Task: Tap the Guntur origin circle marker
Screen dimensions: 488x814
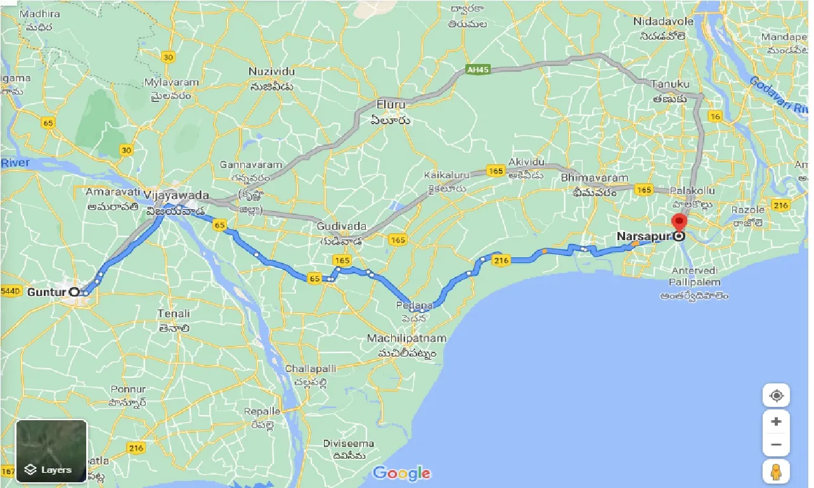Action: point(74,292)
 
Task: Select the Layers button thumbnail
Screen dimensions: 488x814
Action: point(51,451)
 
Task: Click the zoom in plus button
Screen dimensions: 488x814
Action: point(776,421)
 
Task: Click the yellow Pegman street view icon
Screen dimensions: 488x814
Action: point(776,471)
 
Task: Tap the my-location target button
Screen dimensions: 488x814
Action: point(776,396)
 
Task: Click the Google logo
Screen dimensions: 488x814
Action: point(401,473)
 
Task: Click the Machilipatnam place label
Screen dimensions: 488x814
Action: point(406,338)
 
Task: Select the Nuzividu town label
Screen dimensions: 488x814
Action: point(271,70)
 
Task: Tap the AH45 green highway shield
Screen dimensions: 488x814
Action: point(477,70)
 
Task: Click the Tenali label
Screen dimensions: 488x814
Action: point(174,313)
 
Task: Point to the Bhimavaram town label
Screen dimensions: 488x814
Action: point(594,178)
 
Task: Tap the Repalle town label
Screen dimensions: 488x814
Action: point(262,411)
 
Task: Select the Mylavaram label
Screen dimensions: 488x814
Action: point(171,82)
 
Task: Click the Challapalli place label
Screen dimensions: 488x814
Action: point(311,368)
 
